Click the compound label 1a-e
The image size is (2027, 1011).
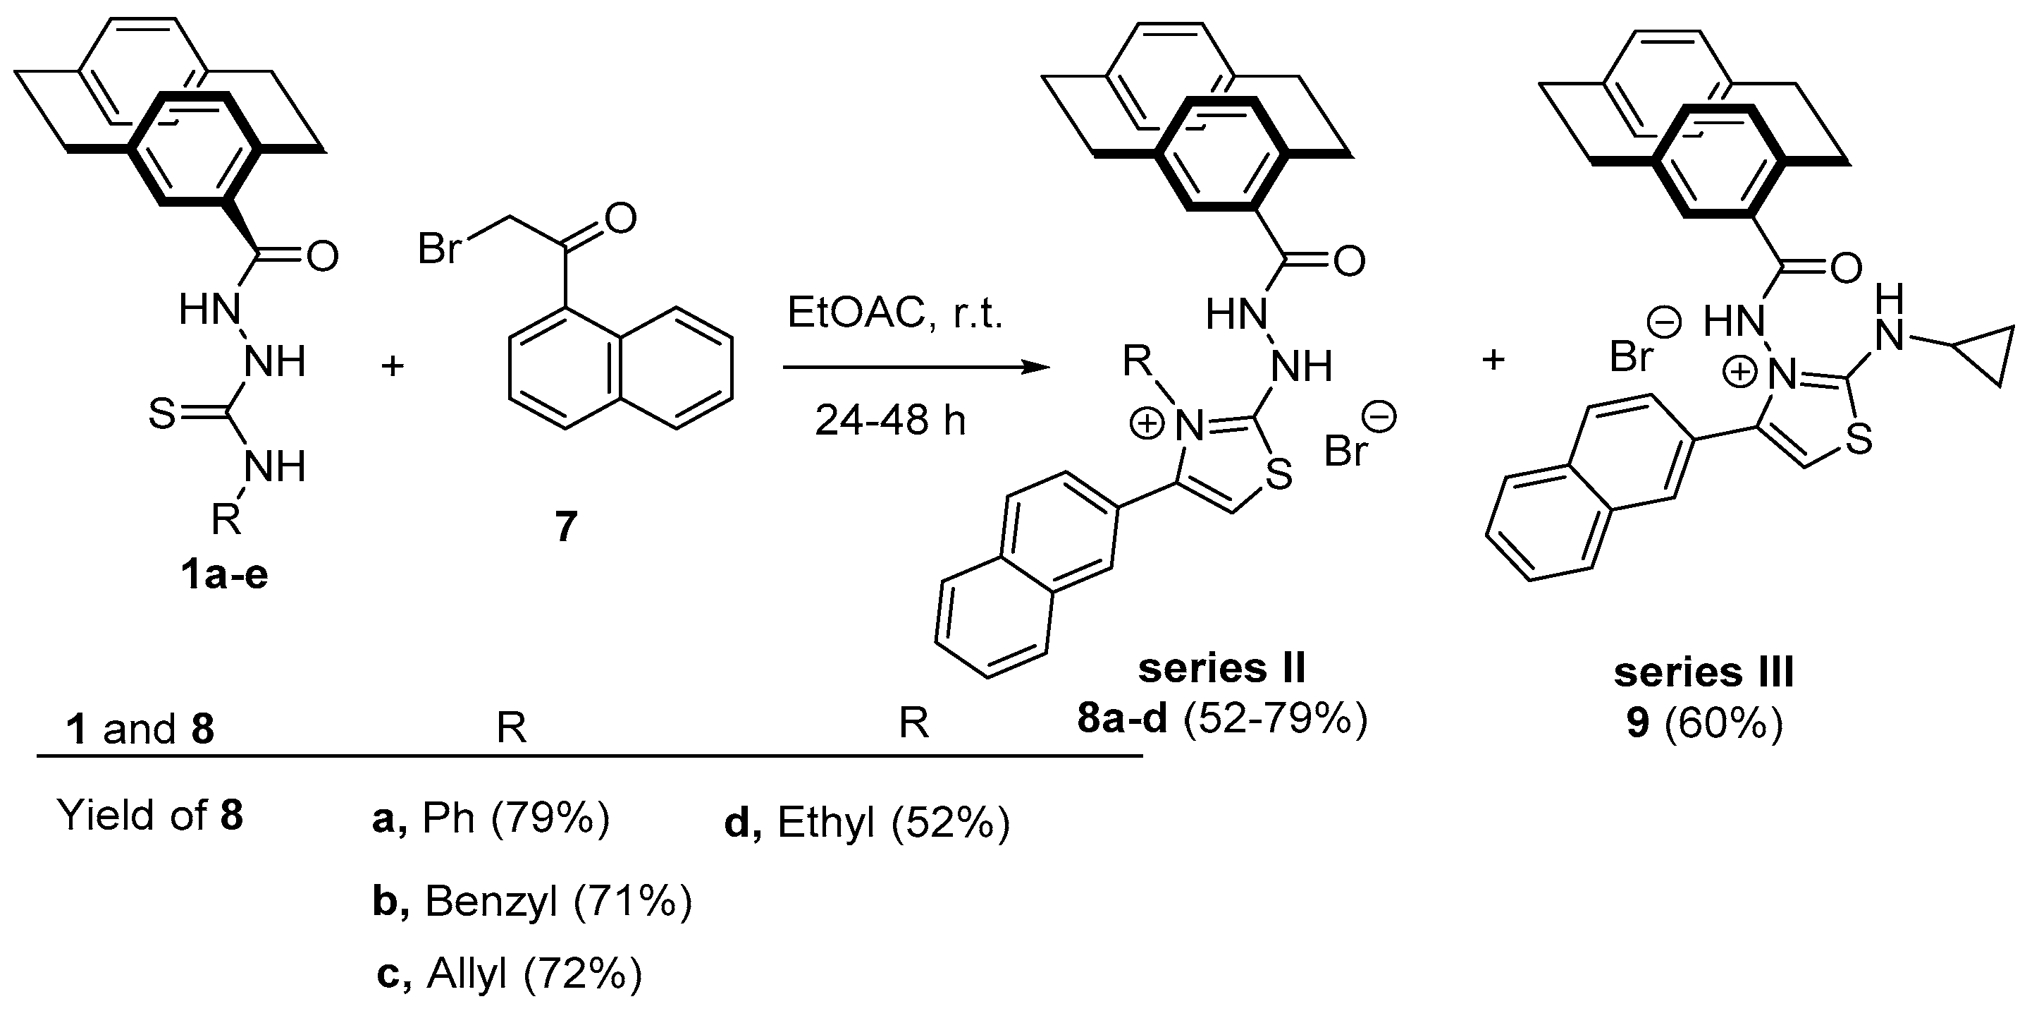click(224, 575)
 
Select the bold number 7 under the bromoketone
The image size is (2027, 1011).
click(566, 526)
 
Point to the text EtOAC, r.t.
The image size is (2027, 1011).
click(894, 314)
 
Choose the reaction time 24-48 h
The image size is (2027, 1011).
click(890, 420)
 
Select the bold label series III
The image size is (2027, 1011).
click(1703, 672)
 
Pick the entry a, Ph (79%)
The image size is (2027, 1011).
click(491, 819)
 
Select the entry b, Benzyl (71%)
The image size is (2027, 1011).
click(532, 902)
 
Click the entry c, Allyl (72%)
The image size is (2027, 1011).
click(509, 974)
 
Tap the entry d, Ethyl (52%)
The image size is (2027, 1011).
click(866, 823)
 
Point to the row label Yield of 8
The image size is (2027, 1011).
click(150, 815)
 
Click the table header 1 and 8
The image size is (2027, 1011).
click(141, 729)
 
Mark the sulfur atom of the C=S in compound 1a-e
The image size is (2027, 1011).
click(162, 414)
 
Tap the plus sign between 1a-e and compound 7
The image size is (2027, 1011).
click(392, 366)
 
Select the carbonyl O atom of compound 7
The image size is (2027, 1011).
click(621, 218)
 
